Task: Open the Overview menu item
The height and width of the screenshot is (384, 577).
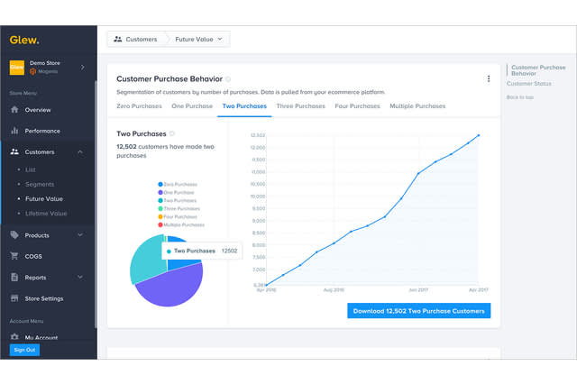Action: click(38, 110)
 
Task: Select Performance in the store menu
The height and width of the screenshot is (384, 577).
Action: click(42, 131)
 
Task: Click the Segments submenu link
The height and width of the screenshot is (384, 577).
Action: click(40, 184)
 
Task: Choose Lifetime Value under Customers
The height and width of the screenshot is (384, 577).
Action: click(46, 214)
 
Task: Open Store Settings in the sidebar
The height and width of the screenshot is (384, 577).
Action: click(44, 298)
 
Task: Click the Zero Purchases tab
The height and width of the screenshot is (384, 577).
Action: click(139, 106)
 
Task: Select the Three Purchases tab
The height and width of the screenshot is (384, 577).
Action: click(302, 106)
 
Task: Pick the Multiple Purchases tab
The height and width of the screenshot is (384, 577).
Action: click(417, 106)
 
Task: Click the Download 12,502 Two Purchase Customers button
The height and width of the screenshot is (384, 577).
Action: click(419, 311)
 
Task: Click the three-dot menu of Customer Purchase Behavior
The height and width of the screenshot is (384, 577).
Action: click(489, 79)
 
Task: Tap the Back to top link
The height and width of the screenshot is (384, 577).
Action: click(520, 97)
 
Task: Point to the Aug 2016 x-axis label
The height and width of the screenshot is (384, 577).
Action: click(334, 290)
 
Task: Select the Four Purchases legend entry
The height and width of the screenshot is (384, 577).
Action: click(179, 216)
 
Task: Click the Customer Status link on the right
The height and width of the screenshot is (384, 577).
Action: click(529, 84)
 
